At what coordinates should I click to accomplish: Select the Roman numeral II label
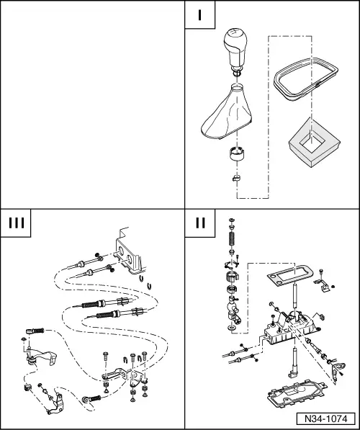pyautogui.click(x=199, y=223)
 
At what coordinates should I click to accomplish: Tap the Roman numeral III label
pyautogui.click(x=19, y=223)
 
